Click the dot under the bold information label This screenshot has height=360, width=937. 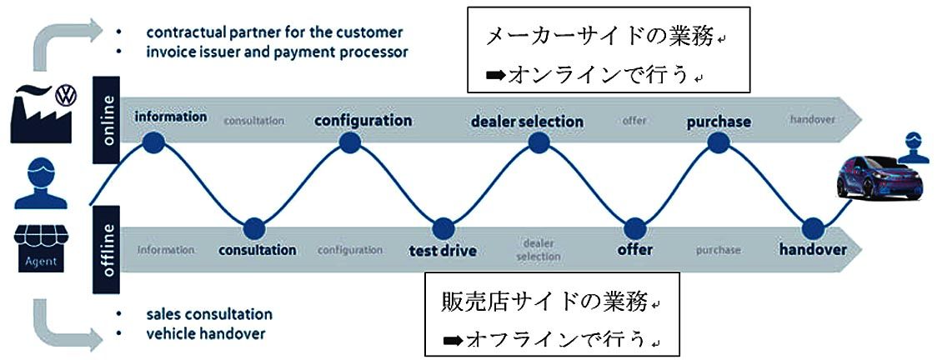(x=153, y=143)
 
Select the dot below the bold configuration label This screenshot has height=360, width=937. (x=350, y=143)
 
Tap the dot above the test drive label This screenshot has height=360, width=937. (x=443, y=227)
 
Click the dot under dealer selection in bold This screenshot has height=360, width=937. (x=538, y=144)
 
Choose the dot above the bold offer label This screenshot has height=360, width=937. (x=634, y=227)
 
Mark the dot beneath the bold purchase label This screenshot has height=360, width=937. (x=718, y=143)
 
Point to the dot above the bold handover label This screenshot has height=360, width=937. (x=813, y=227)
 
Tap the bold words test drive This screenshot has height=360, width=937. (x=442, y=249)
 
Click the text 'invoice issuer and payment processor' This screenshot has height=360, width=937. (x=277, y=52)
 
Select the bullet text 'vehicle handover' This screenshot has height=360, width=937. (x=206, y=333)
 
